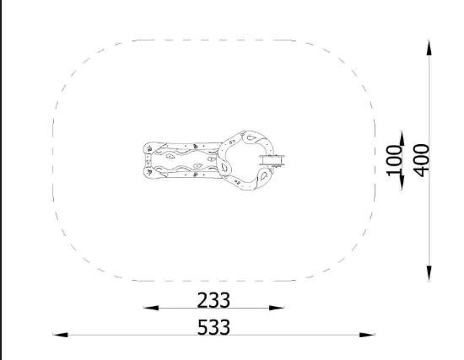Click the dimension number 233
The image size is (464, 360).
point(213,300)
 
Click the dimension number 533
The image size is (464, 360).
point(213,327)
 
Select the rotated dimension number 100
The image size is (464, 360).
point(395,160)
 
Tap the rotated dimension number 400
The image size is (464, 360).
point(421,160)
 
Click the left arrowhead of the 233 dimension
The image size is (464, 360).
point(151,308)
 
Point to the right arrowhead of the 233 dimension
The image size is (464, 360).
point(277,308)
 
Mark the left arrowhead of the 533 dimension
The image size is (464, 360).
point(61,335)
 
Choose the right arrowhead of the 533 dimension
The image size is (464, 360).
point(367,335)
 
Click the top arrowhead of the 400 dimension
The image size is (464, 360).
point(429,47)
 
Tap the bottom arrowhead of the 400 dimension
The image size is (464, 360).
point(429,273)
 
